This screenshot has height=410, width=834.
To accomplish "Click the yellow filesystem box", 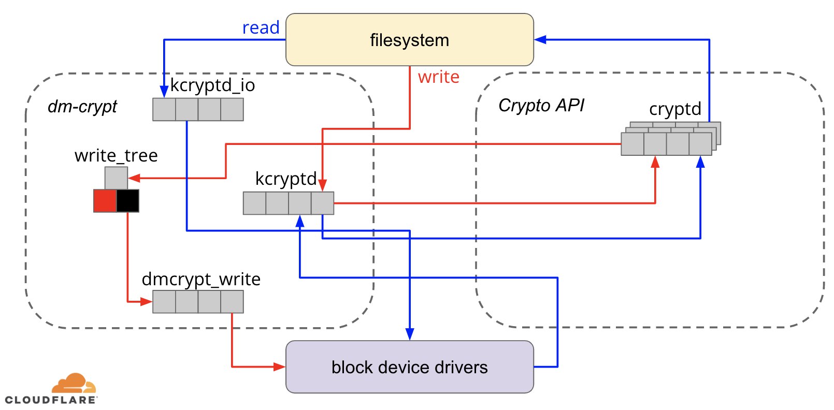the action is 410,40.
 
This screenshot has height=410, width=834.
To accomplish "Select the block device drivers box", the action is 410,367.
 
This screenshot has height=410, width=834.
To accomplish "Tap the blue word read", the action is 261,27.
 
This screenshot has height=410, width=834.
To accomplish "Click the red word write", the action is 439,77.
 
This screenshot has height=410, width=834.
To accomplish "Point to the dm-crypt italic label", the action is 82,107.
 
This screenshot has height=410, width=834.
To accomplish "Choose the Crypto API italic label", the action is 541,105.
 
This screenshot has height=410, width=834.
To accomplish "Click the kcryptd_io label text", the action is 212,85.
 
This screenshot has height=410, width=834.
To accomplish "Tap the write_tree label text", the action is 116,155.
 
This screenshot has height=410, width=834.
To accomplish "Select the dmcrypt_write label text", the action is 201,279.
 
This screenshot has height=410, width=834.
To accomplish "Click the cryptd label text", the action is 675,109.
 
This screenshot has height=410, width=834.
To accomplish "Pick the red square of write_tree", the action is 105,201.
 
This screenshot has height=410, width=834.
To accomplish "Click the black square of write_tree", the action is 128,201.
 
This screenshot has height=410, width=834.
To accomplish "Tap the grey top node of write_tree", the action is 116,178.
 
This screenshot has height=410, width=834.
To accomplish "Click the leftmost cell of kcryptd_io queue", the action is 164,109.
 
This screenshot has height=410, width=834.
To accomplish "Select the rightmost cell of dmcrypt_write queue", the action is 232,302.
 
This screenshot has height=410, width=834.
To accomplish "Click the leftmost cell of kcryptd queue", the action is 255,203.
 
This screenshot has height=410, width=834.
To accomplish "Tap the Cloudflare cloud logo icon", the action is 74,383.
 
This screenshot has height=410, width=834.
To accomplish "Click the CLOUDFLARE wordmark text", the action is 51,400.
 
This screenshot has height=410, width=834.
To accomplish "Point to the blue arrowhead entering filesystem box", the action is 540,39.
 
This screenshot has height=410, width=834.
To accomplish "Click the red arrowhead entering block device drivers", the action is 279,367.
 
